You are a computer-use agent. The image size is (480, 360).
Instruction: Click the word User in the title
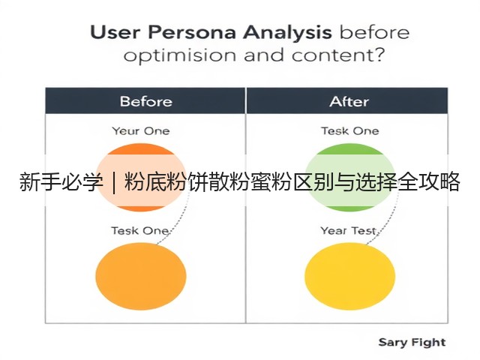[115, 32]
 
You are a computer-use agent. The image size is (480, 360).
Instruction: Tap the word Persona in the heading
[192, 32]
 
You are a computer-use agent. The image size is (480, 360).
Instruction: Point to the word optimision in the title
[180, 55]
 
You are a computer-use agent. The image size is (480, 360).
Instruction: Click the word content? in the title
[338, 55]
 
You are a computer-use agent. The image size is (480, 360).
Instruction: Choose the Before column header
[145, 101]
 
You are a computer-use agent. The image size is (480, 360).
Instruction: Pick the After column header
[349, 101]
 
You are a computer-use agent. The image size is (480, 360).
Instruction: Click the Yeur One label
[141, 131]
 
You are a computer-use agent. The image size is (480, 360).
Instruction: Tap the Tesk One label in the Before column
[140, 230]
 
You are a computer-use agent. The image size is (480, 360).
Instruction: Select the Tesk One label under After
[350, 131]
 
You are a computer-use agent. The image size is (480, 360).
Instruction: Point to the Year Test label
[348, 230]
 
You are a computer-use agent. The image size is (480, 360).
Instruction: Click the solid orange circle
[141, 276]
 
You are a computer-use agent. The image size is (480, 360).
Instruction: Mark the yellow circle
[350, 276]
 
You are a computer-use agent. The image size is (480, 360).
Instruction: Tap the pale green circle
[350, 178]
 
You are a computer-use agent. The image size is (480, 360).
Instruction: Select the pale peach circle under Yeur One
[141, 178]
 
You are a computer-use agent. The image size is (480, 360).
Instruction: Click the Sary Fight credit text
[412, 343]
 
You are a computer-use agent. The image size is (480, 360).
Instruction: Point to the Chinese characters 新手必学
[61, 181]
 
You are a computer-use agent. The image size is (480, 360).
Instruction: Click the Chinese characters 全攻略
[428, 181]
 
